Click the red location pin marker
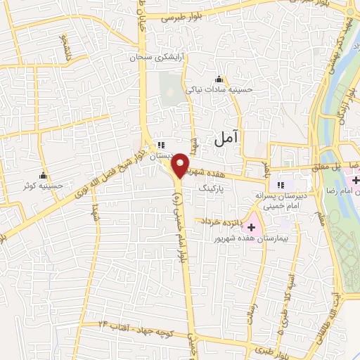[181, 165]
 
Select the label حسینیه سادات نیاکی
[218, 89]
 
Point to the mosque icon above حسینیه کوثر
[44, 175]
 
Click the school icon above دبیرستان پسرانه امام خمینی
[280, 184]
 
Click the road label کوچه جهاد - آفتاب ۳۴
[134, 325]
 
